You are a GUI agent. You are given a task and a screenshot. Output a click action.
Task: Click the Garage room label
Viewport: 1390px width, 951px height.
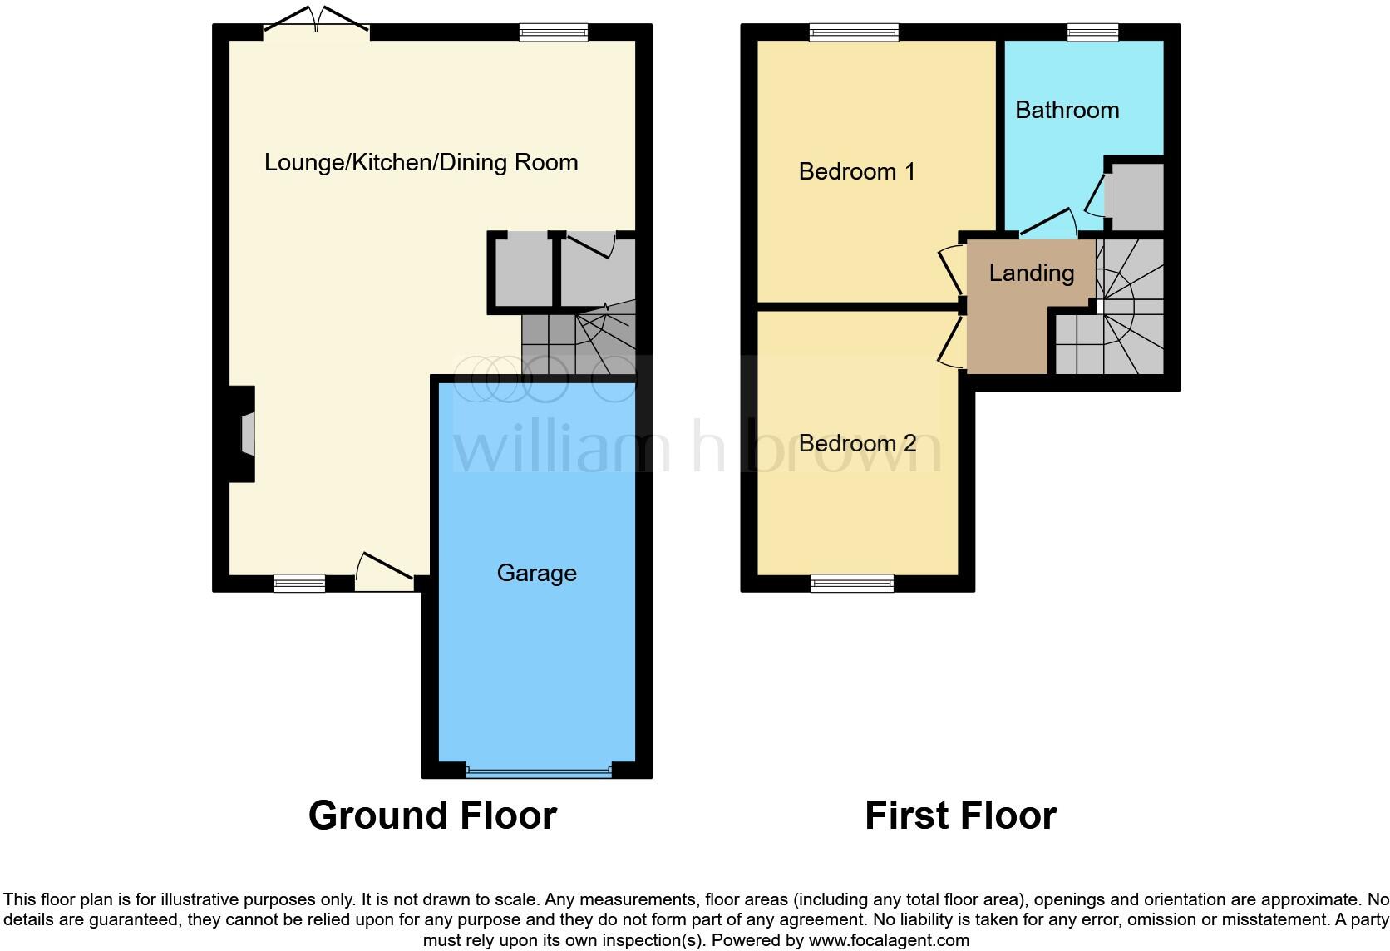point(536,573)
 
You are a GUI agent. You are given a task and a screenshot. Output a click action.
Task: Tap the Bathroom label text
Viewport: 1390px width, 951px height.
point(1067,110)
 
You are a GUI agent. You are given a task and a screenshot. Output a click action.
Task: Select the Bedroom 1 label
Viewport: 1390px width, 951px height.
point(856,171)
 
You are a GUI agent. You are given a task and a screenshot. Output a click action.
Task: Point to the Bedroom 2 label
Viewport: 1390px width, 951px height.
point(856,443)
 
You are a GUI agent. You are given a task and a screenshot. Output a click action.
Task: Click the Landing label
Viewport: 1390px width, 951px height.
point(1031,273)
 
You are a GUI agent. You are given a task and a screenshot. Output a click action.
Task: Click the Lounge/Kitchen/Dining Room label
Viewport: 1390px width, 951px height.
point(421,162)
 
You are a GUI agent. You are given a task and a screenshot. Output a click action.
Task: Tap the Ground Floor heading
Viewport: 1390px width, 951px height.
point(432,815)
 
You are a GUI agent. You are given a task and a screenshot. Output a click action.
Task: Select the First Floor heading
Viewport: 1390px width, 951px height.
point(960,815)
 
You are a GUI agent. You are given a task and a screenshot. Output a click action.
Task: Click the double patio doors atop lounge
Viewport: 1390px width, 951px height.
point(316,25)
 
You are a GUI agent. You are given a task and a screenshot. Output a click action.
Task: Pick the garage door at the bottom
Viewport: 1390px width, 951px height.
point(538,771)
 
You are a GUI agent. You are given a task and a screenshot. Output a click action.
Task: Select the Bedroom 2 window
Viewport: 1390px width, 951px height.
point(852,584)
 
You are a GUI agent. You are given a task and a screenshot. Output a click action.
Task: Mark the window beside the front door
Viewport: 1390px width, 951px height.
point(299,584)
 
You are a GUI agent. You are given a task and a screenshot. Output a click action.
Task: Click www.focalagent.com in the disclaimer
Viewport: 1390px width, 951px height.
point(889,941)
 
